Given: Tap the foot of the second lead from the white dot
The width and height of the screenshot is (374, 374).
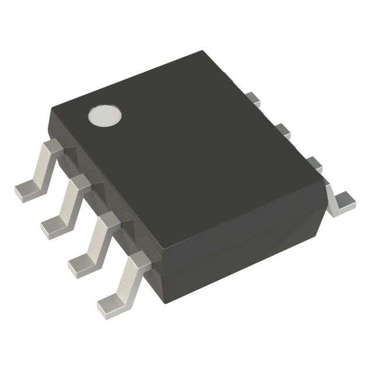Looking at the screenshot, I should [x=54, y=224].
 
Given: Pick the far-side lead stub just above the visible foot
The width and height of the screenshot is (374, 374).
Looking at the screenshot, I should [x=315, y=163].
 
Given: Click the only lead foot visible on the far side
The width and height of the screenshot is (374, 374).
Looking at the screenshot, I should [x=341, y=202].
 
